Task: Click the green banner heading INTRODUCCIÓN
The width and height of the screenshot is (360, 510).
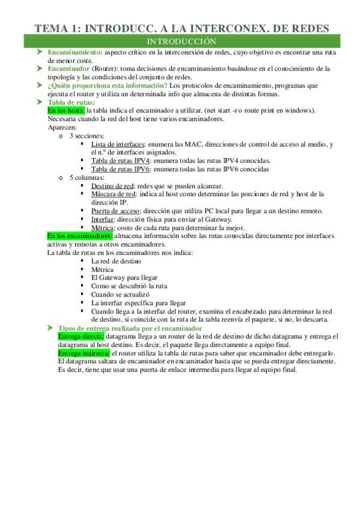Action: pos(180,41)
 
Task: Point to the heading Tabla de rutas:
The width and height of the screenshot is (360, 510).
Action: pos(71,102)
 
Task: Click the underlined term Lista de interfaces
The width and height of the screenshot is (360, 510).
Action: pos(118,144)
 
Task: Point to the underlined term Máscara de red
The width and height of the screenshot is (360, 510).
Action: pos(113,194)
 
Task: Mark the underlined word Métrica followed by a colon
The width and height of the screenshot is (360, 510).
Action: pos(105,228)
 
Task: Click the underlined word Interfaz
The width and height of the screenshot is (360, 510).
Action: pos(103,220)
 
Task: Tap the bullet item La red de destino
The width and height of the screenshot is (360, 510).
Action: pos(116,262)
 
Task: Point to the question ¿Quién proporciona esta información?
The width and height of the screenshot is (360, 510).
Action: pos(108,85)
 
